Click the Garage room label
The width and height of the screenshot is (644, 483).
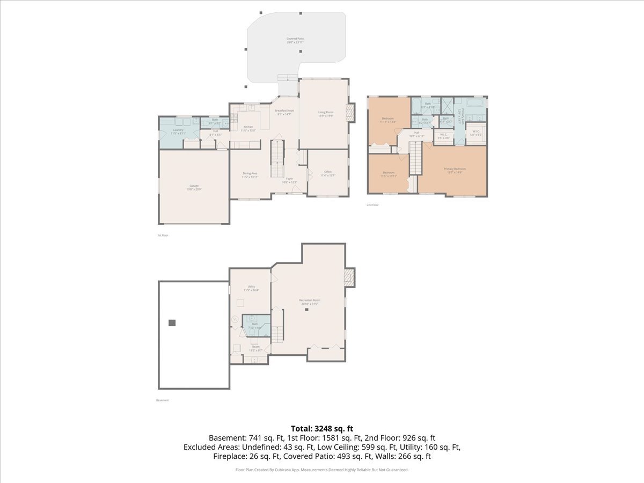tap(194, 185)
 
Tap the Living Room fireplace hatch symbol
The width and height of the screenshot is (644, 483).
tap(350, 113)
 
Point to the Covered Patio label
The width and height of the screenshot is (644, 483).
tap(294, 39)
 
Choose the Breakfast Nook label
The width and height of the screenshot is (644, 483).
tap(284, 111)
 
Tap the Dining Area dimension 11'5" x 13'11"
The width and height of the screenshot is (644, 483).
tap(250, 177)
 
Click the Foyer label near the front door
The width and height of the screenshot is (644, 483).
tap(289, 179)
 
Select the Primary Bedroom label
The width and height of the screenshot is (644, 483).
tap(455, 169)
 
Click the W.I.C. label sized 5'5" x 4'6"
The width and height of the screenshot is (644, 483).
tap(444, 135)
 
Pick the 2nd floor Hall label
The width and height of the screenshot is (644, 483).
tap(416, 133)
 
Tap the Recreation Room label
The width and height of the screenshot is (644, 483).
tap(310, 300)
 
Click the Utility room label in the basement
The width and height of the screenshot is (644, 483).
tap(251, 287)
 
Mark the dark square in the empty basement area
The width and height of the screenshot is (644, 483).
tap(172, 323)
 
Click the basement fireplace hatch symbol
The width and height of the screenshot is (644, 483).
tap(349, 276)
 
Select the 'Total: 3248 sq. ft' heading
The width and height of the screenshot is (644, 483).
tap(322, 428)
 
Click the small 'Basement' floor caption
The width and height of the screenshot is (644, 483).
tap(163, 400)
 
